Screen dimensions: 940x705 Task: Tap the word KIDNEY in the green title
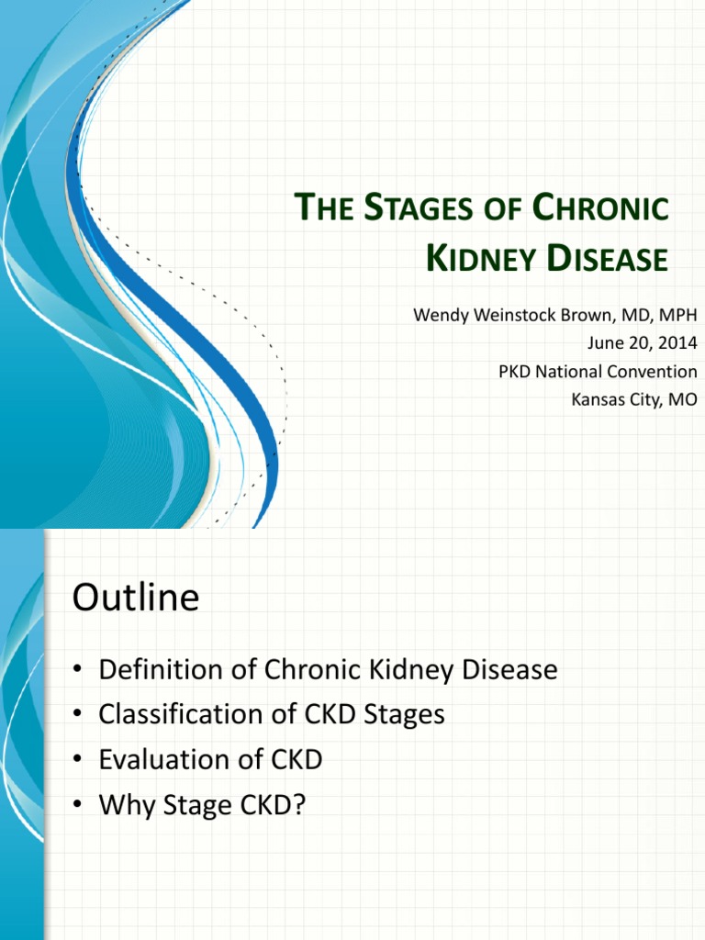480,260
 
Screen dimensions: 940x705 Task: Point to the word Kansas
598,400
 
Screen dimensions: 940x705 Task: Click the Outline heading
135,599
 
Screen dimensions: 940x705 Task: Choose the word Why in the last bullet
122,805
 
